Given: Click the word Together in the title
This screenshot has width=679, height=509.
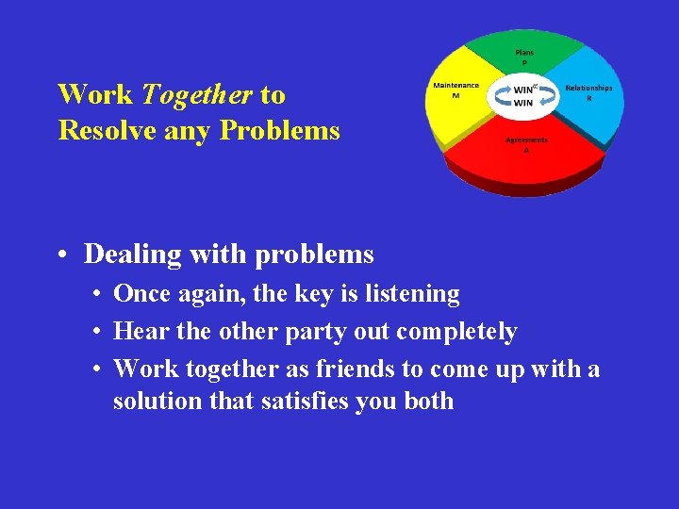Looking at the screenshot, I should [196, 95].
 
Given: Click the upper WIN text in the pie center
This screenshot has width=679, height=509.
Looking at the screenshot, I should [523, 90].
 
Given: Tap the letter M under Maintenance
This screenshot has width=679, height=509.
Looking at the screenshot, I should [455, 95].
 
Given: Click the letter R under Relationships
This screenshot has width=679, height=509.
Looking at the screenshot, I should [589, 97].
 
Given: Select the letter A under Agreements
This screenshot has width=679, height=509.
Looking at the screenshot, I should [526, 150].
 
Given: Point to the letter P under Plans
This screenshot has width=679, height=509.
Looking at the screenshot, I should [524, 62].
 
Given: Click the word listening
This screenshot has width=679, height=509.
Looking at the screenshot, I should [412, 294].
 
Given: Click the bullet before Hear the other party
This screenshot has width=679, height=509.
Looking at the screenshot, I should [98, 333].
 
